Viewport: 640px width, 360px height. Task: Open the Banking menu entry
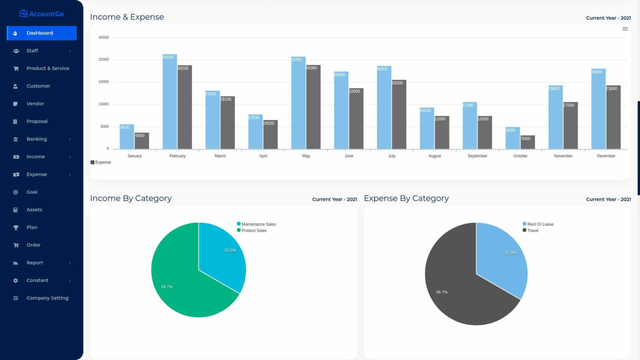pyautogui.click(x=37, y=139)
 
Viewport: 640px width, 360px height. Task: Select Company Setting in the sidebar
pyautogui.click(x=47, y=298)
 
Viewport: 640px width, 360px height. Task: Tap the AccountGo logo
pyautogui.click(x=42, y=14)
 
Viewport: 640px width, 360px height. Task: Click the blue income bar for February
pyautogui.click(x=170, y=102)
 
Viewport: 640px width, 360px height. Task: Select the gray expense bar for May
pyautogui.click(x=313, y=107)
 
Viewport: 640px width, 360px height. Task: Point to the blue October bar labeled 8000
pyautogui.click(x=512, y=138)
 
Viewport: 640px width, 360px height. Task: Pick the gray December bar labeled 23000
pyautogui.click(x=613, y=117)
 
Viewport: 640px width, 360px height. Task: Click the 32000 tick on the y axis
pyautogui.click(x=103, y=60)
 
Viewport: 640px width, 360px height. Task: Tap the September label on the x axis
pyautogui.click(x=477, y=156)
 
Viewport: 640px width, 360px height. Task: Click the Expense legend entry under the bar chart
pyautogui.click(x=101, y=162)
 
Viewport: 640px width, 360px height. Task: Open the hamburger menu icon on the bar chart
pyautogui.click(x=625, y=29)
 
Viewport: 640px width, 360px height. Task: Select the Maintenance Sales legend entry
pyautogui.click(x=258, y=224)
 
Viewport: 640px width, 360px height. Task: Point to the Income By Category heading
pyautogui.click(x=131, y=198)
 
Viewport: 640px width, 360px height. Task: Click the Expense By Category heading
pyautogui.click(x=406, y=198)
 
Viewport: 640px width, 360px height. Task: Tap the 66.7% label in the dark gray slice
pyautogui.click(x=442, y=292)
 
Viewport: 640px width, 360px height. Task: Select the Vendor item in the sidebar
pyautogui.click(x=35, y=104)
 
